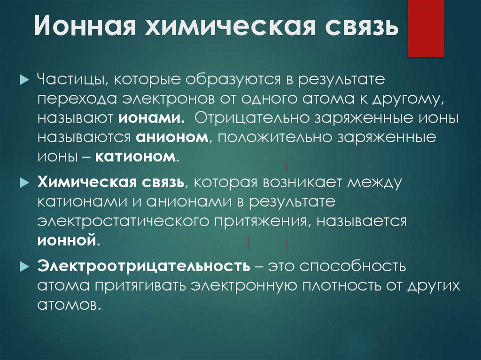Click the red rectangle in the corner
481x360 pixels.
click(426, 28)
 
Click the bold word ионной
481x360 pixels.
click(67, 241)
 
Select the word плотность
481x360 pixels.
click(329, 286)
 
